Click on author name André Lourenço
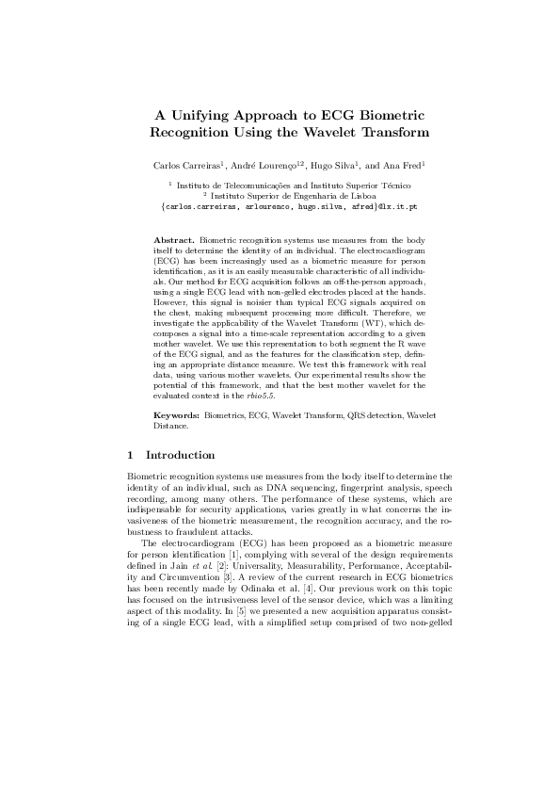[x=258, y=165]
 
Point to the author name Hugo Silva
[x=325, y=165]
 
